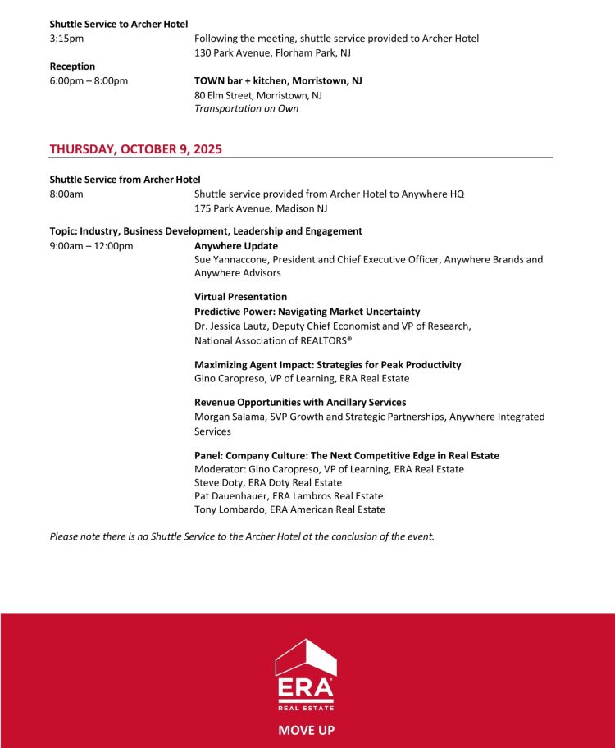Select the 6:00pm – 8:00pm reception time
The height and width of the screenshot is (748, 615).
point(89,81)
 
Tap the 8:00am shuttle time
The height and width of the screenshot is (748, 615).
point(66,194)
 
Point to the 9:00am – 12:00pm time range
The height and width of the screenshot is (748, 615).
point(91,246)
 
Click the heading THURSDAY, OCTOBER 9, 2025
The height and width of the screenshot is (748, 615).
point(135,149)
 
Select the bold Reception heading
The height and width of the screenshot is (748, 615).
point(72,66)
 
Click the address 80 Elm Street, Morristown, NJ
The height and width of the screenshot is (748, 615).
point(257,95)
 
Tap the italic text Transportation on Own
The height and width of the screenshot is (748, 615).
point(246,108)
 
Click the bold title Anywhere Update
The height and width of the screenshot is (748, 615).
point(236,246)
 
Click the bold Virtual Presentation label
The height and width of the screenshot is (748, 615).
point(240,297)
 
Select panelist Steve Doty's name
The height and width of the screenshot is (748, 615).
point(219,483)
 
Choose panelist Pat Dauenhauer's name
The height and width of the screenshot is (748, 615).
point(232,496)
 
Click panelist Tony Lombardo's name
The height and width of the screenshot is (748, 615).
point(230,509)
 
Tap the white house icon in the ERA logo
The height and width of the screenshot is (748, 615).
point(306,656)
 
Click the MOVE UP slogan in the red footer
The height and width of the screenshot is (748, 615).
point(306,730)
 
